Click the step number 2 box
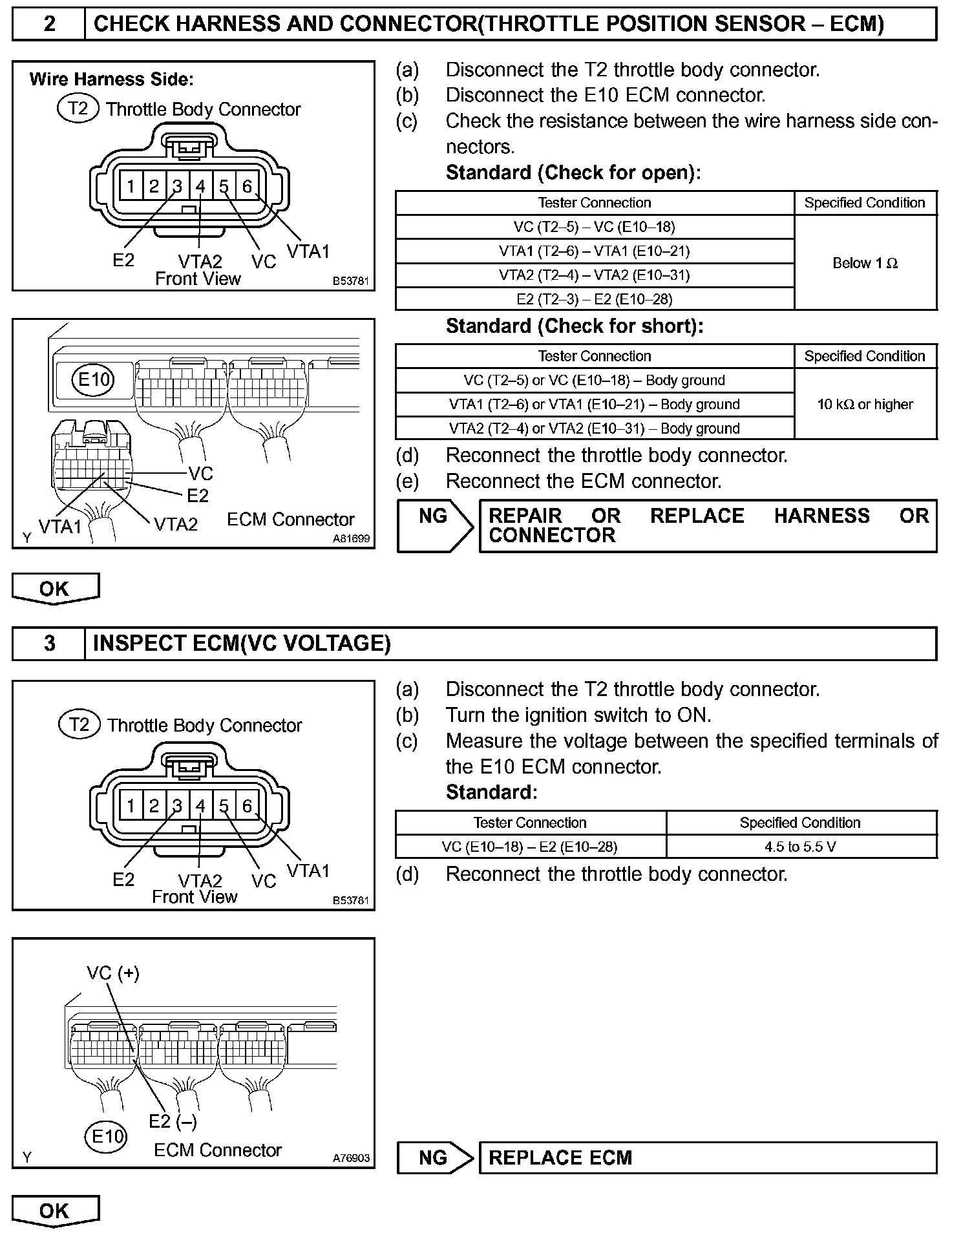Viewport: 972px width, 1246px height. click(49, 24)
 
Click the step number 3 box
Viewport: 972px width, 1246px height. click(49, 643)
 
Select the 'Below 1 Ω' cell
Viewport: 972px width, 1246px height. click(865, 263)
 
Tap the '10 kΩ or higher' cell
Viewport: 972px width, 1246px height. click(865, 405)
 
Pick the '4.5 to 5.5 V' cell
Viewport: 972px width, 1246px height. click(801, 847)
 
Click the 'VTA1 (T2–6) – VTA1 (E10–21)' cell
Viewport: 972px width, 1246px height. click(595, 251)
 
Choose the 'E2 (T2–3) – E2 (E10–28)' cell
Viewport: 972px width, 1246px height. click(595, 299)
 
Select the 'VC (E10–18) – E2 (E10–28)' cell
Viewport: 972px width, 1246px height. click(530, 847)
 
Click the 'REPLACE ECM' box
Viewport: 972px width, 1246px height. click(708, 1157)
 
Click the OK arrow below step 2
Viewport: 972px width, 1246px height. click(55, 589)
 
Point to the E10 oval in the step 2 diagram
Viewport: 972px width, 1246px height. click(94, 379)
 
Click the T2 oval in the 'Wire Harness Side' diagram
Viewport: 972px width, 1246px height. click(78, 108)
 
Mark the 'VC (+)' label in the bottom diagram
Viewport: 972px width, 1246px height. click(112, 973)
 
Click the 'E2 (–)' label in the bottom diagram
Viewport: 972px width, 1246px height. click(173, 1121)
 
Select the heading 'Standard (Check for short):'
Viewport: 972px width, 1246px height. click(574, 326)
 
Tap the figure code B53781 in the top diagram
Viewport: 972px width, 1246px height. click(350, 281)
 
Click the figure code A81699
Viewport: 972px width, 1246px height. click(352, 538)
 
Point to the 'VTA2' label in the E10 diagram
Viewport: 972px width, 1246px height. click(176, 524)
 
